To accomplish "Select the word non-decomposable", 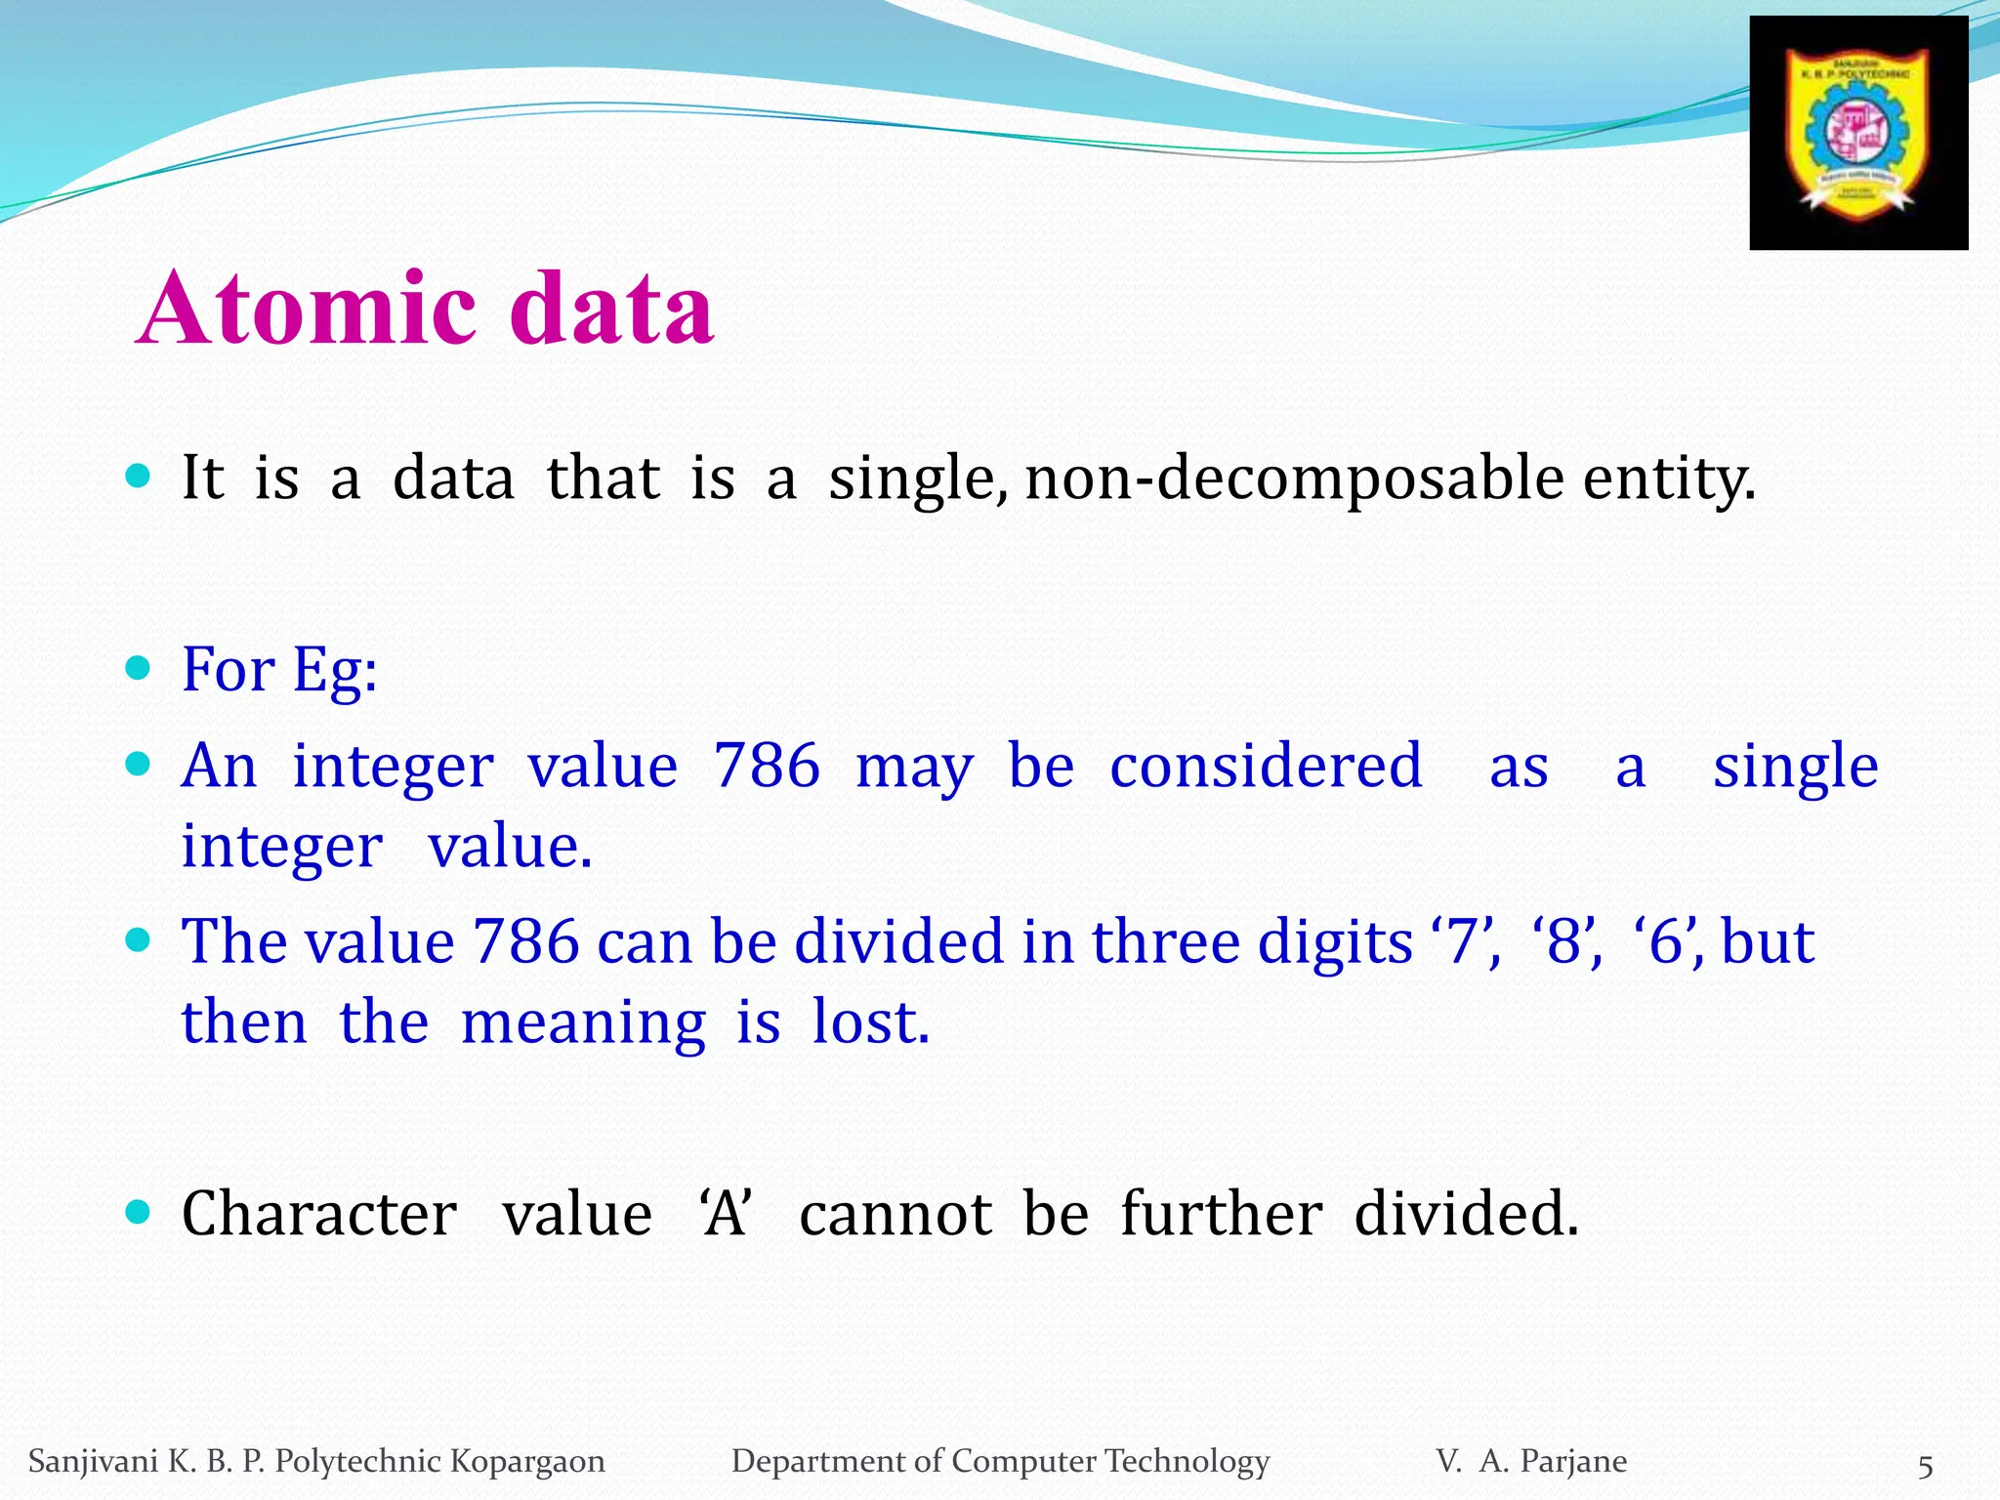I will pos(1294,480).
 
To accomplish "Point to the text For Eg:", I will pos(279,671).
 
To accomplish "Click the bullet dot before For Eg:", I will pos(139,668).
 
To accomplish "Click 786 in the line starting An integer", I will pos(767,766).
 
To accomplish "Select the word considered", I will pos(1266,766).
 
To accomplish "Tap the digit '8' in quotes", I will pos(1566,941).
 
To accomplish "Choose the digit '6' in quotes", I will pos(1668,941).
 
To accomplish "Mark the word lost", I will pos(869,1022).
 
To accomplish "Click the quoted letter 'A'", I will pos(725,1214).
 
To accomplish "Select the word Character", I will pos(319,1214).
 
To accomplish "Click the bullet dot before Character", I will pos(139,1212).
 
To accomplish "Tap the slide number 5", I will pos(1925,1466).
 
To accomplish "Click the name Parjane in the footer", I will pos(1573,1461).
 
